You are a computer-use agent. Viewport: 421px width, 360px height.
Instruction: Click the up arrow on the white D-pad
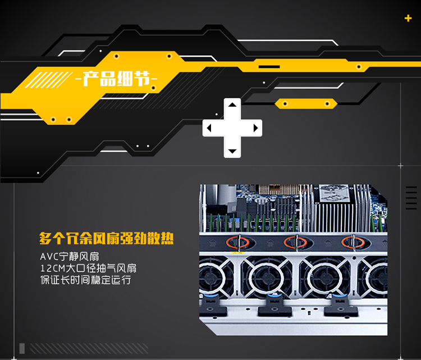[x=232, y=104]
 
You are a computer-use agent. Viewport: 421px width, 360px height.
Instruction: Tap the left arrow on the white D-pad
[x=209, y=128]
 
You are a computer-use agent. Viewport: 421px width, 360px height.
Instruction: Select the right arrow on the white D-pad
[x=255, y=128]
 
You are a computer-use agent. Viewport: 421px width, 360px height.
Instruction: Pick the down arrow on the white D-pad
[x=232, y=151]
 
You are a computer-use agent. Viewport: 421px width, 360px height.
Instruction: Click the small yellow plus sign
[x=408, y=19]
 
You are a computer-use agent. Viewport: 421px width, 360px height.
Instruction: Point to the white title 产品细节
[x=117, y=79]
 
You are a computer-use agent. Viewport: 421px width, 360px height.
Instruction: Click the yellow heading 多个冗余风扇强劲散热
[x=106, y=238]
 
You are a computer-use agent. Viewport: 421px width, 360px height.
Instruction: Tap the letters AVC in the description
[x=49, y=257]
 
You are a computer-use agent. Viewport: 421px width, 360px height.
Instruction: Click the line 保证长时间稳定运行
[x=86, y=280]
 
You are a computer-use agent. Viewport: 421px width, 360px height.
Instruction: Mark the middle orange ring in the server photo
[x=295, y=242]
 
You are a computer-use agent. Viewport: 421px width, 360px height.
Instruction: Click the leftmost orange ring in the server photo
[x=237, y=242]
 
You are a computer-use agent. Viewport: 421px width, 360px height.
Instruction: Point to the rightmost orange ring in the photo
[x=353, y=242]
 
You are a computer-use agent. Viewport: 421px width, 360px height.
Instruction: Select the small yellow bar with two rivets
[x=306, y=104]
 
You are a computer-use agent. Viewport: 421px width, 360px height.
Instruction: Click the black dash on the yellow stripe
[x=269, y=67]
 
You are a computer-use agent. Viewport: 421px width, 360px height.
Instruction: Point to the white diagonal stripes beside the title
[x=48, y=80]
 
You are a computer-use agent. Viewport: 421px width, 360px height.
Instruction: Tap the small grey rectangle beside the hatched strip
[x=22, y=348]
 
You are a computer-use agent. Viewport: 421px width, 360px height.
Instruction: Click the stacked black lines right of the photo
[x=411, y=198]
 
